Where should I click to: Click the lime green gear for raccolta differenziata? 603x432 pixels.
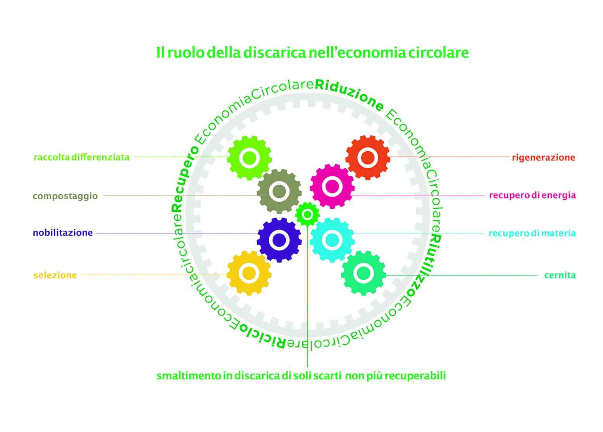point(249,158)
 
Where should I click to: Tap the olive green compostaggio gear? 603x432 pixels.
point(279,191)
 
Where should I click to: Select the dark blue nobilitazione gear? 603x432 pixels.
point(279,240)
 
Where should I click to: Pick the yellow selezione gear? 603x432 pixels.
point(249,273)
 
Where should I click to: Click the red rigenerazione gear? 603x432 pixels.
point(367,157)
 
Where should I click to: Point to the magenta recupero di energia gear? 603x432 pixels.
point(332,187)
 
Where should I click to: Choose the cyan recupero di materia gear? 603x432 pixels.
point(332,240)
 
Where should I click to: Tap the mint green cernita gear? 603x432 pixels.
point(364,273)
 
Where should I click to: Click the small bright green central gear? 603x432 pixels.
point(307,214)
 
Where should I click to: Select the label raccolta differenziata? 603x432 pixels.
point(81,157)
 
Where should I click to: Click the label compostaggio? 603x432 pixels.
point(65,196)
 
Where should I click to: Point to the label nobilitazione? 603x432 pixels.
point(63,233)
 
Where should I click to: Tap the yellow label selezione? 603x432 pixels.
point(55,275)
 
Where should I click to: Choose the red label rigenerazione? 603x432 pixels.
point(543,157)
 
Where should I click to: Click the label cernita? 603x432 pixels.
point(560,275)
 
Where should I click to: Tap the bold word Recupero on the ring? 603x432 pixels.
point(184,178)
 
